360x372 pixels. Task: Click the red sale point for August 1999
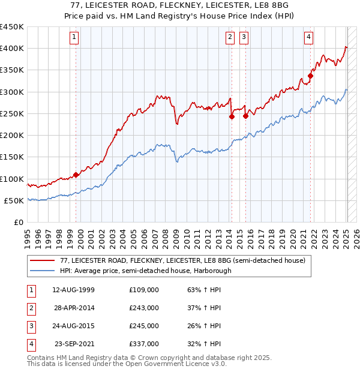pos(76,175)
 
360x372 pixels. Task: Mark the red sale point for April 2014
pos(231,117)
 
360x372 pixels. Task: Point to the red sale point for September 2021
pos(311,76)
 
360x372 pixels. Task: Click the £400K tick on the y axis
pos(12,49)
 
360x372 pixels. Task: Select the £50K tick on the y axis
pos(14,200)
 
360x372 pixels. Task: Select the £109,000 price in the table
pos(144,290)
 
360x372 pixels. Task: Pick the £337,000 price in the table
pos(144,344)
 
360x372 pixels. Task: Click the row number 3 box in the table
pos(31,326)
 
